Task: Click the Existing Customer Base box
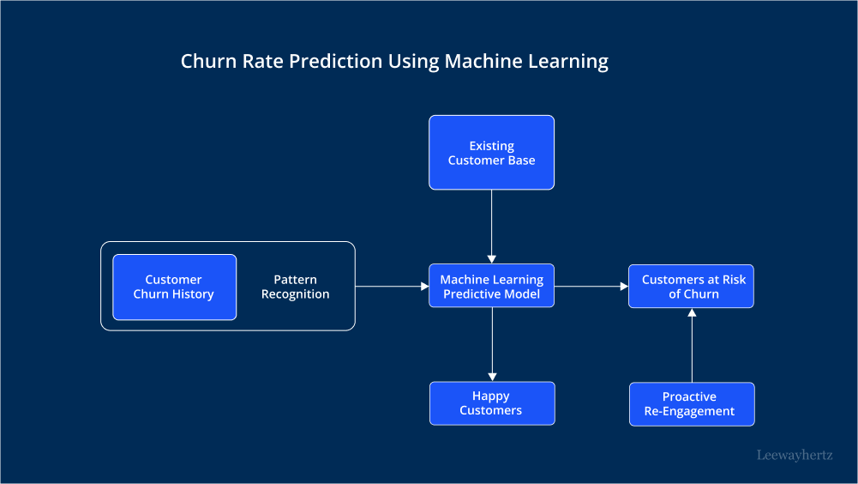491,152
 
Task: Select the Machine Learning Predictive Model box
491,286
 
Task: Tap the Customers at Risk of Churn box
691,286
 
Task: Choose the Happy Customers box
491,403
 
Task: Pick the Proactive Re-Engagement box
691,403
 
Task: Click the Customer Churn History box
174,287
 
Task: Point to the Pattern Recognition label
295,287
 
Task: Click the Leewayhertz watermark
795,456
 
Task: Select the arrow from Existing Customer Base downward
492,225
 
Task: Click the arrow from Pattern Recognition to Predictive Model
391,286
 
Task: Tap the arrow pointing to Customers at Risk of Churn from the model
591,287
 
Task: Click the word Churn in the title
206,62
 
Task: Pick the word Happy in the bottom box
490,396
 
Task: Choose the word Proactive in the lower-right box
689,396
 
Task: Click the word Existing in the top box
491,146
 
